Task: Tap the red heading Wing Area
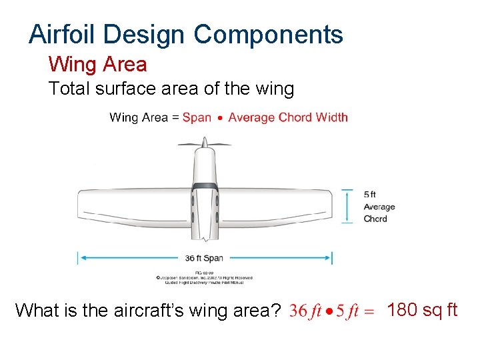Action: point(97,65)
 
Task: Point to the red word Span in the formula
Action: point(197,117)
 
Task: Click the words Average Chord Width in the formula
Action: point(288,117)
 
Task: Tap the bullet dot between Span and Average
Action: point(220,118)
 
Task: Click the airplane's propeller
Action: point(204,142)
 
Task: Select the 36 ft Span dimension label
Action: point(204,258)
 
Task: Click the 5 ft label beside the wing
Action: point(370,194)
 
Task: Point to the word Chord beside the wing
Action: point(375,219)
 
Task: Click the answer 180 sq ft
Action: point(422,310)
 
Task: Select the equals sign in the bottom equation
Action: point(371,312)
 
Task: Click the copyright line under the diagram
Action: point(204,277)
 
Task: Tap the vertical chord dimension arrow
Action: point(347,205)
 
